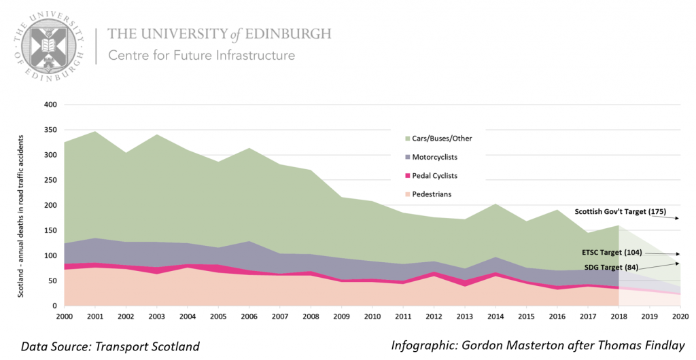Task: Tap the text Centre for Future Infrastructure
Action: pyautogui.click(x=202, y=55)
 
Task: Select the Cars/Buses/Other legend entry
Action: pyautogui.click(x=442, y=139)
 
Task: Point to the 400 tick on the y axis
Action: pyautogui.click(x=50, y=105)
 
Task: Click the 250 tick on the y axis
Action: pyautogui.click(x=50, y=181)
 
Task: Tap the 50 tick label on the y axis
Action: pyautogui.click(x=52, y=281)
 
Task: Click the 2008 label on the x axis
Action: pyautogui.click(x=309, y=317)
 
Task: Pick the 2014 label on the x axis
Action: pyautogui.click(x=495, y=317)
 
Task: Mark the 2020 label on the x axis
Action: pyautogui.click(x=680, y=317)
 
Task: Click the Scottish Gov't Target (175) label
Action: pyautogui.click(x=621, y=211)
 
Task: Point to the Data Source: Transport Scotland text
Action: pyautogui.click(x=111, y=346)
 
